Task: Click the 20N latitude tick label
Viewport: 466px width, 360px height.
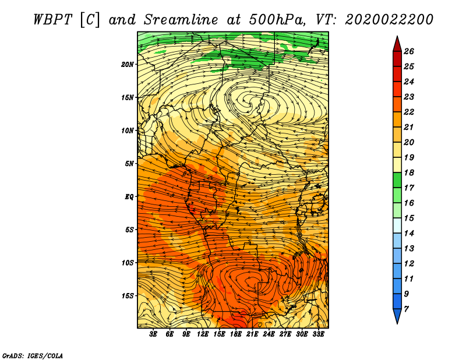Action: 127,65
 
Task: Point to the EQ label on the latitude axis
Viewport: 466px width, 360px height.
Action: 129,197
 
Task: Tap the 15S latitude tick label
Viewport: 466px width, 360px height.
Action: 127,296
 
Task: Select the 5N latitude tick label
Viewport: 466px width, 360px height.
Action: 129,164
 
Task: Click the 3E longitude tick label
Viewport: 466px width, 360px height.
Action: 153,334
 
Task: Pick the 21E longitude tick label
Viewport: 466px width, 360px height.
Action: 252,334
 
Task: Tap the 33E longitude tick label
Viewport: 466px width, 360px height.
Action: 318,334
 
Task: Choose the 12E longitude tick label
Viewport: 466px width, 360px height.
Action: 202,334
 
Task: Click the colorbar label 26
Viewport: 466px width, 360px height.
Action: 409,51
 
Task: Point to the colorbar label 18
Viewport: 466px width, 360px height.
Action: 409,172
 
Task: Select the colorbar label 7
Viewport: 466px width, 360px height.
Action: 407,309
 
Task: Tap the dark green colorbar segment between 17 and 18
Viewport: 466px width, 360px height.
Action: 397,180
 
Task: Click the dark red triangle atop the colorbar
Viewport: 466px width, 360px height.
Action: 397,45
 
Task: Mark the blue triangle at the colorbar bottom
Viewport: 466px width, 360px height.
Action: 397,315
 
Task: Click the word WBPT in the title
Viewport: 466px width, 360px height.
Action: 52,20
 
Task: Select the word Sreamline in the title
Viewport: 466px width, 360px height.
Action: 181,20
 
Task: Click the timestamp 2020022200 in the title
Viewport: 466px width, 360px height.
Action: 389,20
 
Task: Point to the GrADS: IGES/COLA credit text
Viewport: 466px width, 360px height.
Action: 33,355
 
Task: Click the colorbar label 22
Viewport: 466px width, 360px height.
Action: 409,112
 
